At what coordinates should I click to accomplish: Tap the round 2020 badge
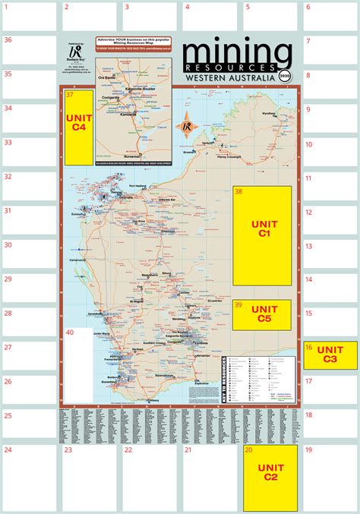click(285, 76)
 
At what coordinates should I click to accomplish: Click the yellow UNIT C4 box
click(80, 127)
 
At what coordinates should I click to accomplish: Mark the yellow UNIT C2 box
click(273, 478)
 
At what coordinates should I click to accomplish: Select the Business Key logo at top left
click(76, 55)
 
